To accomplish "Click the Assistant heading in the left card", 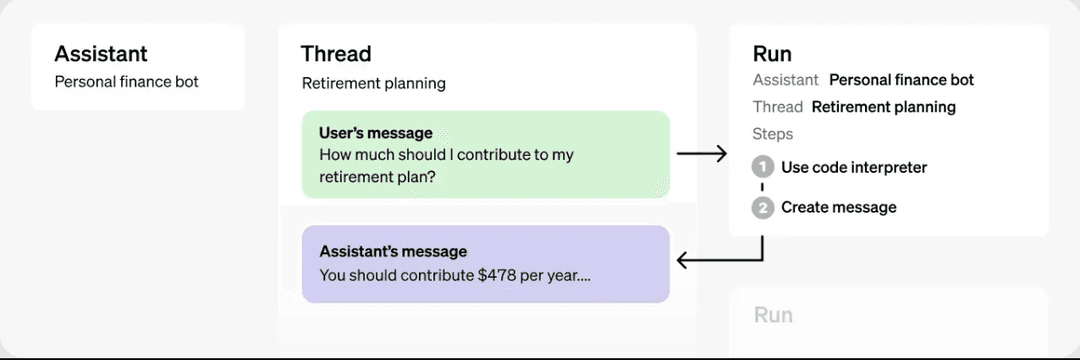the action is pyautogui.click(x=101, y=54).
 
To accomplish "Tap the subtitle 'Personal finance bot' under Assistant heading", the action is pyautogui.click(x=127, y=82).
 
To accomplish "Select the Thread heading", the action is pyautogui.click(x=336, y=54).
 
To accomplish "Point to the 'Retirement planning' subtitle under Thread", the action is pyautogui.click(x=374, y=84).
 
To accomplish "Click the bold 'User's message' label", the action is pyautogui.click(x=376, y=133).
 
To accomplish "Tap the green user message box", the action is pyautogui.click(x=486, y=154).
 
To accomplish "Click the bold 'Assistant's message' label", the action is pyautogui.click(x=393, y=251).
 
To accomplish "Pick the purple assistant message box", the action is pyautogui.click(x=486, y=264).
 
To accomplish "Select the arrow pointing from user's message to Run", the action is pyautogui.click(x=701, y=154).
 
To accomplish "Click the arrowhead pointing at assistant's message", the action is pyautogui.click(x=682, y=260).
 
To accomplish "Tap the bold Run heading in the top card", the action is pyautogui.click(x=772, y=54).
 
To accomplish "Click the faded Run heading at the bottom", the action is pyautogui.click(x=773, y=315).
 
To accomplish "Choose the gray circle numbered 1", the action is pyautogui.click(x=762, y=167).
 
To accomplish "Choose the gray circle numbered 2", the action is pyautogui.click(x=762, y=207).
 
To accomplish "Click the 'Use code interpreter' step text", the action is pyautogui.click(x=854, y=167).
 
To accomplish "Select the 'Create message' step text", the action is pyautogui.click(x=839, y=207).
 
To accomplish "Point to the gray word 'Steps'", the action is pyautogui.click(x=773, y=134).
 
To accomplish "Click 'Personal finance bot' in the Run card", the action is pyautogui.click(x=902, y=80).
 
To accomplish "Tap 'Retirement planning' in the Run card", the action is pyautogui.click(x=884, y=107).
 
